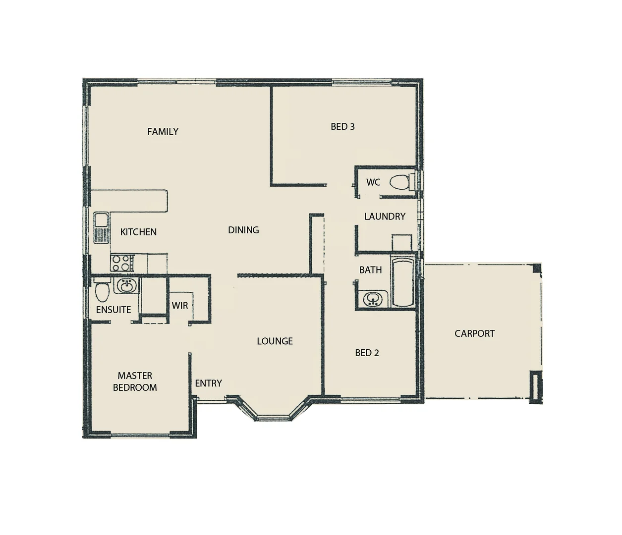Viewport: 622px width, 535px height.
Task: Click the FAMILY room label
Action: [x=163, y=132]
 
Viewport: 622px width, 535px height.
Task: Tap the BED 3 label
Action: [x=342, y=127]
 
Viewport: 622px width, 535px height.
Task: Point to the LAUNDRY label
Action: [x=385, y=216]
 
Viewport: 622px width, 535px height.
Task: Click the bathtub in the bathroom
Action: [x=403, y=281]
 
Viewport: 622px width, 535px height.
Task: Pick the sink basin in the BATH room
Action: [x=372, y=299]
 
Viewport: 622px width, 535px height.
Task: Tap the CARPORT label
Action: [x=474, y=333]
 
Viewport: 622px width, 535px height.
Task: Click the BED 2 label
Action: [x=367, y=353]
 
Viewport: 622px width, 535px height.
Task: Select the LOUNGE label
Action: [x=275, y=341]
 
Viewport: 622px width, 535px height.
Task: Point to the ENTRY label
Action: [x=208, y=383]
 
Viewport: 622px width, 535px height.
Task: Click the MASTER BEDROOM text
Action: [x=135, y=381]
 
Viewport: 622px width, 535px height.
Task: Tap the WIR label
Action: [x=180, y=306]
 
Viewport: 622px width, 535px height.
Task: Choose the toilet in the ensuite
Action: [x=102, y=292]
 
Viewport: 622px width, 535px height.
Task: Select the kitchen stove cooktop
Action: [x=122, y=263]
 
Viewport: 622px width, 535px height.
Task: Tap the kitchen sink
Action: [x=102, y=227]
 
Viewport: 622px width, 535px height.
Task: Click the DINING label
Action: [x=243, y=230]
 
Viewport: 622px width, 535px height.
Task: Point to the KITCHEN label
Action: [x=138, y=232]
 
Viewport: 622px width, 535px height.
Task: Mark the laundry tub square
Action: [x=401, y=243]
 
